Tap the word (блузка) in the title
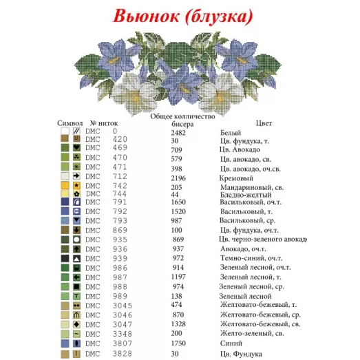[x=215, y=14]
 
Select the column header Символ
[x=70, y=123]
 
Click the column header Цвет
[x=264, y=123]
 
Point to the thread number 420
[x=120, y=140]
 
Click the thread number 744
[x=120, y=194]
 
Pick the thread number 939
[x=120, y=257]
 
